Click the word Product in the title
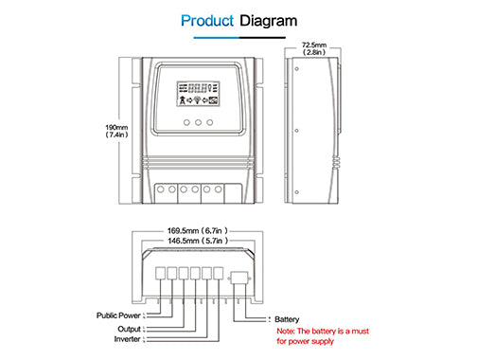pos(207,21)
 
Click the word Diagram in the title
pos(269,22)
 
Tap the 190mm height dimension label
pos(116,131)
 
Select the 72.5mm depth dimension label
pos(314,48)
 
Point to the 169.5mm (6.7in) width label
pos(198,231)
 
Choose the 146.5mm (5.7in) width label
pos(198,241)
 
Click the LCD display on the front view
pos(198,94)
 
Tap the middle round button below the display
pos(198,122)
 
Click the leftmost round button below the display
pos(186,122)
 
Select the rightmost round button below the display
pos(210,122)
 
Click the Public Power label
pos(118,315)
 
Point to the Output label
pos(129,329)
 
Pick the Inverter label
pos(128,339)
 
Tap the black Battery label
pos(287,319)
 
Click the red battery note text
pos(323,336)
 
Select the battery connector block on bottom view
pos(239,279)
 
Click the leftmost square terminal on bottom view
pos(161,273)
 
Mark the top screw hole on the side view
pos(296,68)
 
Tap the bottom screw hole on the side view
pos(296,192)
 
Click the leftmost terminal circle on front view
pos(161,189)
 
